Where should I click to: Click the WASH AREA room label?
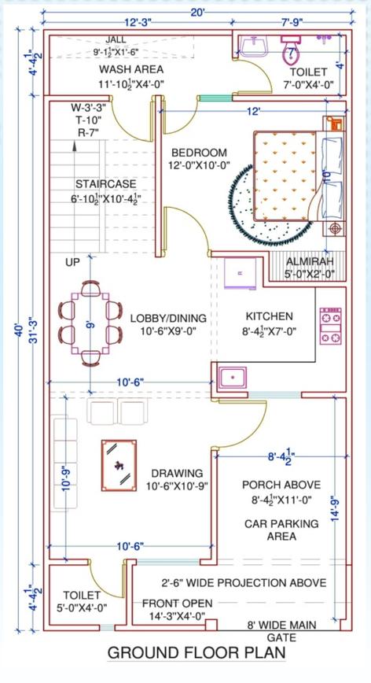point(131,69)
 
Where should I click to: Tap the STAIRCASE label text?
point(105,184)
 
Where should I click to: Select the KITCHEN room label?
point(270,316)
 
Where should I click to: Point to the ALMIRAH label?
point(310,261)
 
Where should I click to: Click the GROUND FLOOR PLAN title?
point(197,653)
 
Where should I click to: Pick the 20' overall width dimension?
point(197,13)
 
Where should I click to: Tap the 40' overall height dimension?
point(19,330)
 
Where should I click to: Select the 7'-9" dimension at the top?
point(292,22)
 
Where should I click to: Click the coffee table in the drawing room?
point(119,465)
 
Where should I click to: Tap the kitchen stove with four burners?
point(331,327)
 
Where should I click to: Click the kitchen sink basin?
point(233,377)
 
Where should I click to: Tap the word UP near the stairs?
point(73,263)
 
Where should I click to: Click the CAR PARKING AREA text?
point(281,530)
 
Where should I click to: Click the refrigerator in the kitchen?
point(240,273)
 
